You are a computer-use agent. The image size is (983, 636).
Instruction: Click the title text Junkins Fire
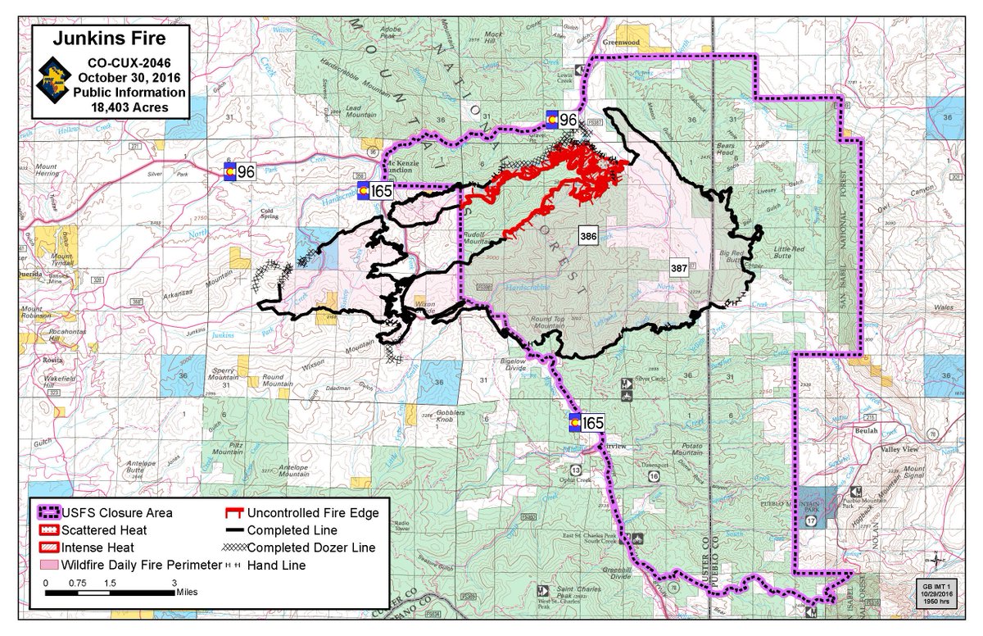(111, 39)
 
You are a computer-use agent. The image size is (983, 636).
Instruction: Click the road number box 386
(587, 236)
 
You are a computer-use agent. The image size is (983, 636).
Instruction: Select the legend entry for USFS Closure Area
(115, 513)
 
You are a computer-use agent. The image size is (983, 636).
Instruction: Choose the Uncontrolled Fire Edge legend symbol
(234, 513)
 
